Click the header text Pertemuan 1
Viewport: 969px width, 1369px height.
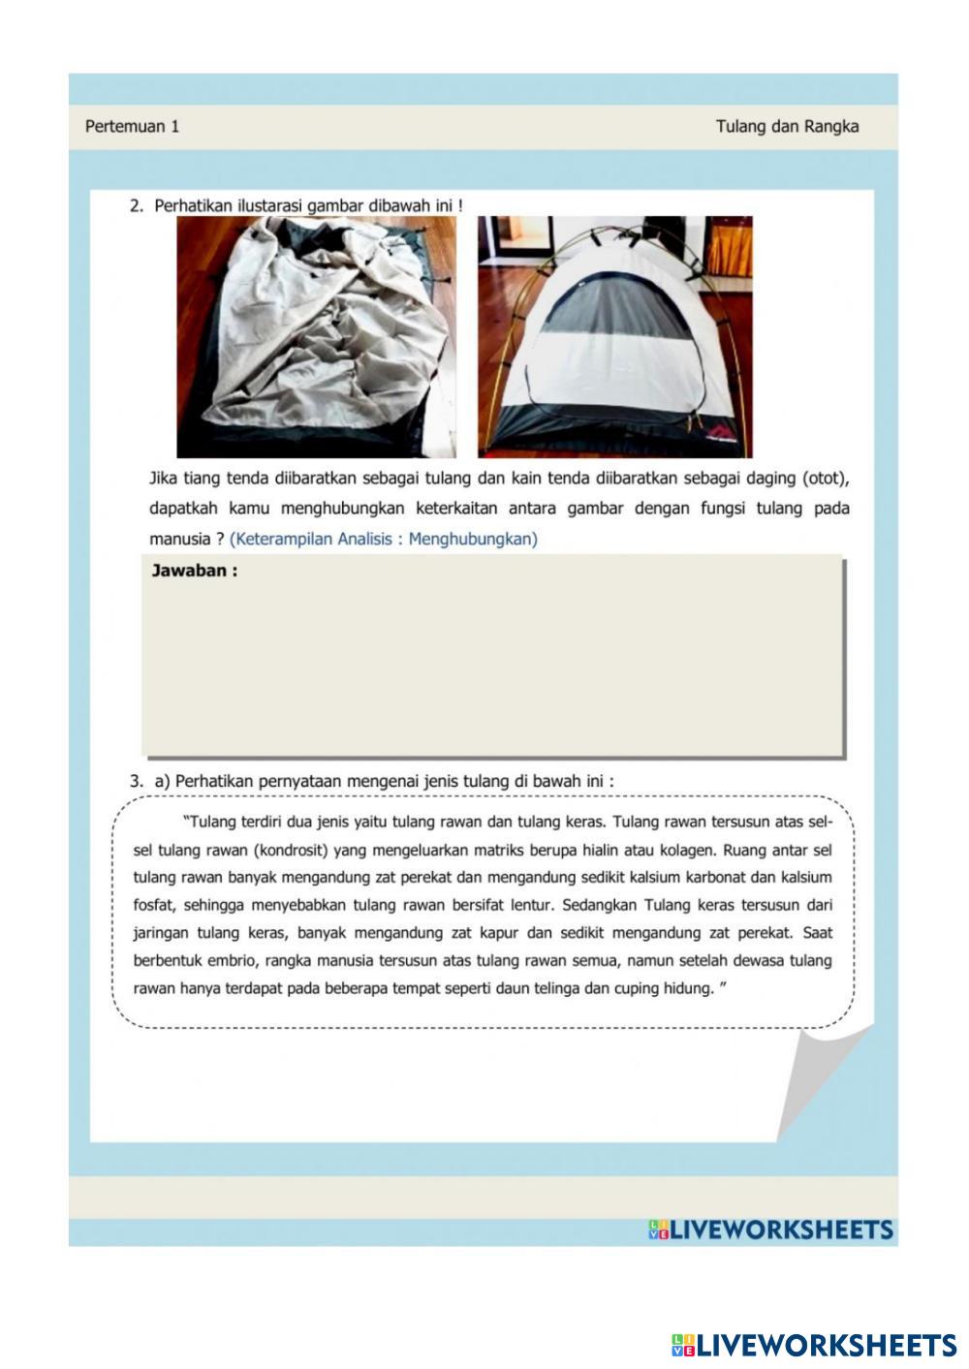(x=132, y=126)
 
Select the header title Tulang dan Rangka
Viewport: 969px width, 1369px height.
(x=787, y=126)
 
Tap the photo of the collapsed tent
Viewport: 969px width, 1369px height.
(x=316, y=336)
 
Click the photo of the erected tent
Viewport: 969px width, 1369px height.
(x=614, y=336)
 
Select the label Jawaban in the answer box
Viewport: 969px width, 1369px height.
(x=194, y=571)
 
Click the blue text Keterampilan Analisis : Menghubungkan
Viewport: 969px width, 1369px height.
(x=383, y=539)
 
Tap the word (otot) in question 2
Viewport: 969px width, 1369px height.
(x=826, y=478)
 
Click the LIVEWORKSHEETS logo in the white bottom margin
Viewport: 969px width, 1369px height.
(x=814, y=1345)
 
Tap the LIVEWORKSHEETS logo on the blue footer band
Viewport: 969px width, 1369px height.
(x=770, y=1230)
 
